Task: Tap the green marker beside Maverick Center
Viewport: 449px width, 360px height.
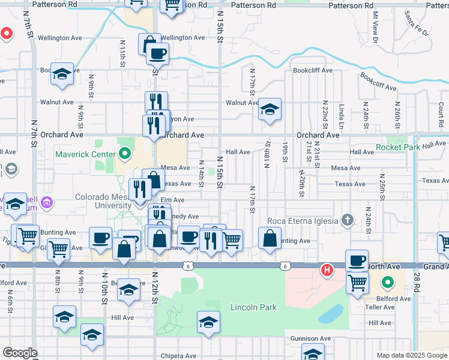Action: [x=125, y=154]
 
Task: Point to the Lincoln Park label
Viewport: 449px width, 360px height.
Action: [x=253, y=307]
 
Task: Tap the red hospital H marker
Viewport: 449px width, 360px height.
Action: [x=327, y=270]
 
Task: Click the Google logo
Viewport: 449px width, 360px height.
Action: [x=20, y=353]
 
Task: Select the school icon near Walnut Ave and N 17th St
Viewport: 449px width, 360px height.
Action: [x=270, y=110]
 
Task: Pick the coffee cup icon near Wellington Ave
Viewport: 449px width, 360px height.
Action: [x=157, y=54]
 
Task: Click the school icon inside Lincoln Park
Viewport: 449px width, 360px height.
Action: [x=208, y=323]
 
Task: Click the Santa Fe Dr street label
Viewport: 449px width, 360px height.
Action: [x=417, y=23]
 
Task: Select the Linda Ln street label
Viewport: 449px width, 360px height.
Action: [x=341, y=113]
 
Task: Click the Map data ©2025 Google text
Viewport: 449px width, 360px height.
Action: [x=411, y=355]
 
